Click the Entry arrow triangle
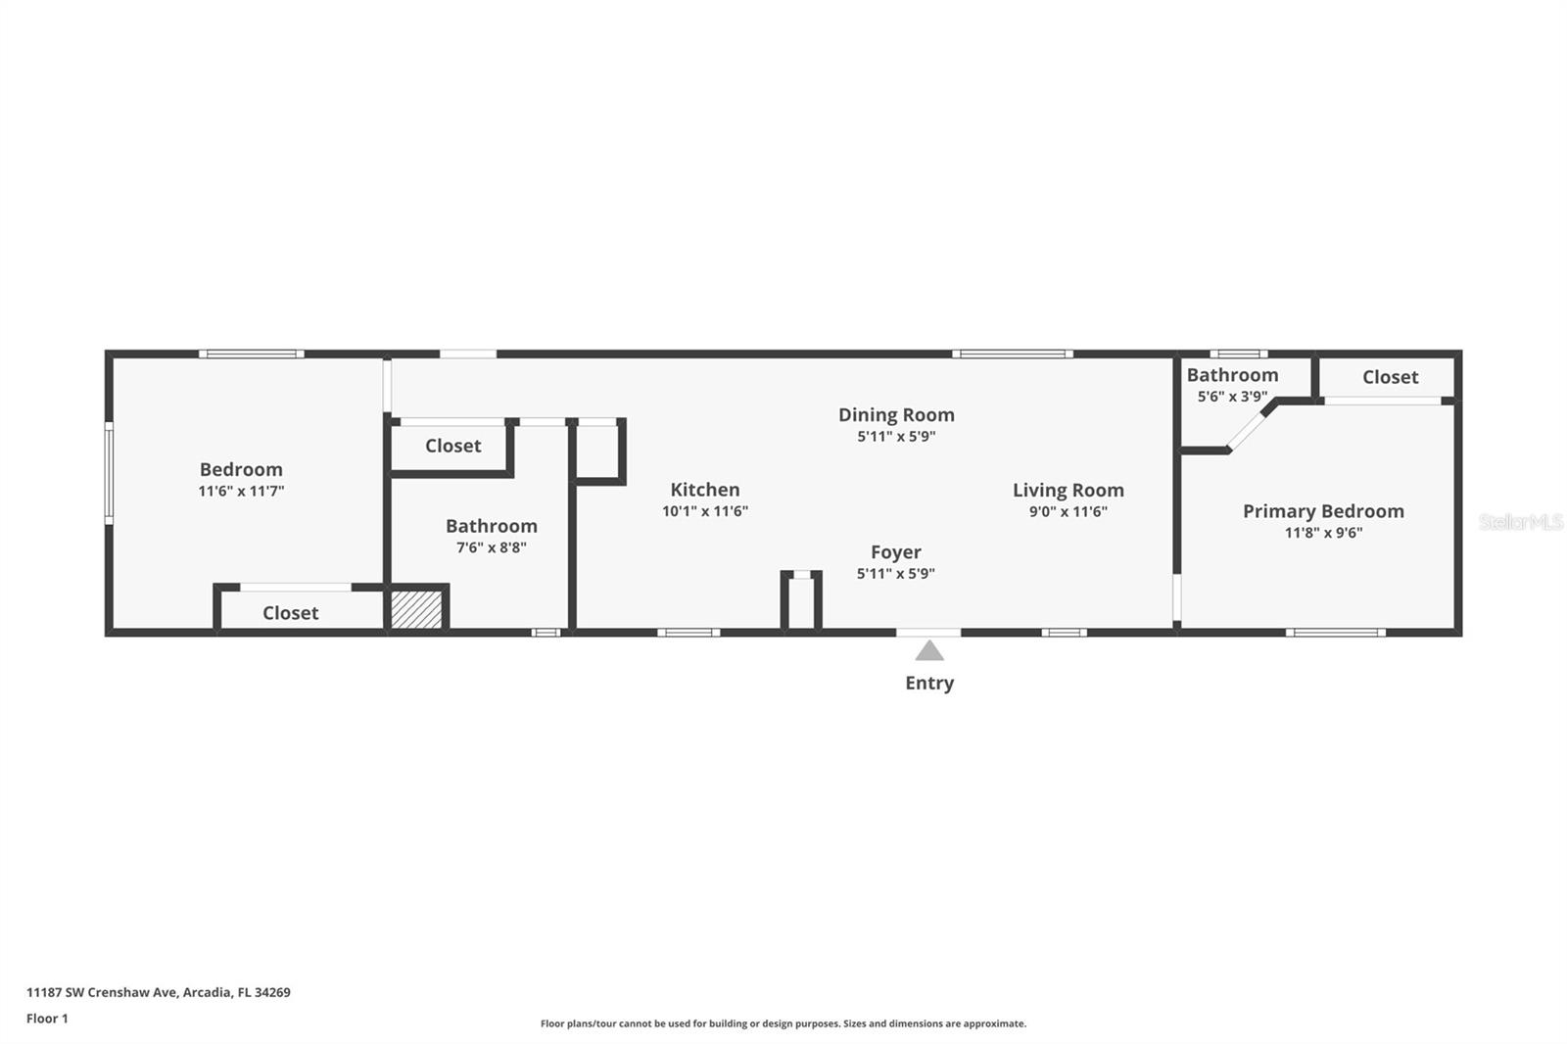coord(929,650)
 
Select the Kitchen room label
coord(705,490)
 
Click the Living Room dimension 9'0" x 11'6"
coord(1068,511)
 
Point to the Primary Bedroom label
coord(1323,511)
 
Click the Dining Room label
coord(896,415)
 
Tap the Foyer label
coord(896,552)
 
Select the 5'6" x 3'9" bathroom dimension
coord(1232,397)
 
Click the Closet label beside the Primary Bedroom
coord(1390,377)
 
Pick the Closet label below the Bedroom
coord(291,613)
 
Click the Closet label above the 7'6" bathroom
coord(452,446)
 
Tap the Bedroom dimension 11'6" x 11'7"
coord(241,492)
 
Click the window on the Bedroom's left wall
coord(109,473)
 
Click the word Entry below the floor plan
coord(929,684)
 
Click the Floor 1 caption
coord(47,1019)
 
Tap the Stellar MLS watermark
coord(1520,522)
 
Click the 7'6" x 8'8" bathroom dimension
coord(491,548)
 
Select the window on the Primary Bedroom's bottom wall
coord(1335,633)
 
